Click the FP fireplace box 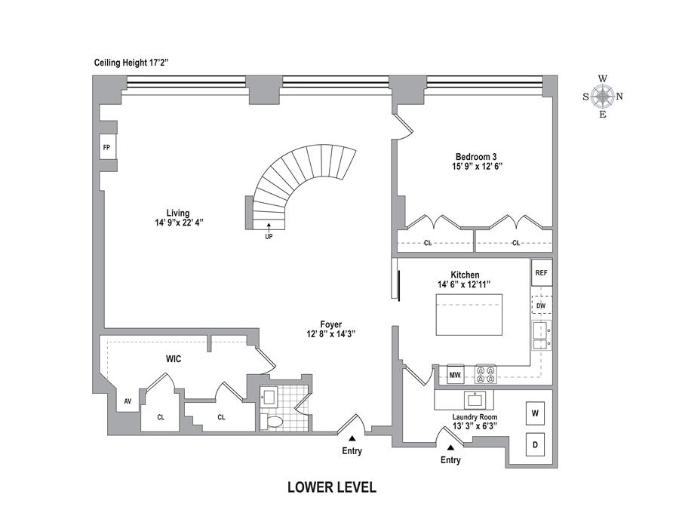pos(106,148)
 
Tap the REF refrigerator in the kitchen pos(541,272)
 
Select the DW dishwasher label pos(541,305)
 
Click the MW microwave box pos(455,375)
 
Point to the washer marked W pos(535,413)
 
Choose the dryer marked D pos(535,445)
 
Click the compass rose pos(602,97)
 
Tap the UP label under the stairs pos(269,236)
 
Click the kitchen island pos(469,315)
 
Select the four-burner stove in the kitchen pos(485,375)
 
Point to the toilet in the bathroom pos(273,421)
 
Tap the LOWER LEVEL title pos(332,487)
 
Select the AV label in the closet pos(128,401)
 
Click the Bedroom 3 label pos(474,157)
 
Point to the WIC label pos(173,359)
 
